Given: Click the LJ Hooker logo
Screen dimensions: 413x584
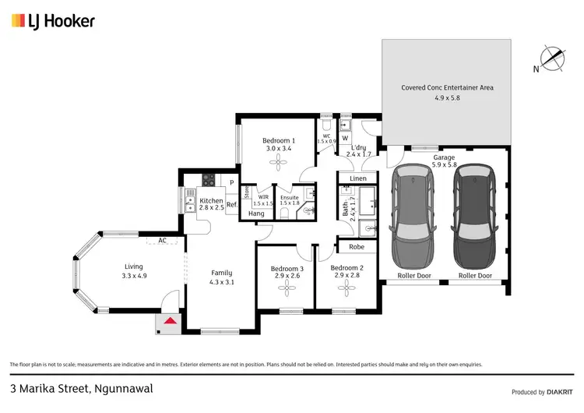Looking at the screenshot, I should pos(52,21).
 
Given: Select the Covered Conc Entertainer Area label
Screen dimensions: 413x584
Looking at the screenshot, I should pos(447,93).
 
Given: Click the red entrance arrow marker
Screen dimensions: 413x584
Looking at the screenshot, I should pos(169,319).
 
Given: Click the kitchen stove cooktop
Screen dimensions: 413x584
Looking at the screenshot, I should pos(209,179).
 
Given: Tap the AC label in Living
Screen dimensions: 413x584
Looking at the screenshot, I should pos(163,240).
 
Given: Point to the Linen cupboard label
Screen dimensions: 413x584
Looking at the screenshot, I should pos(357,178).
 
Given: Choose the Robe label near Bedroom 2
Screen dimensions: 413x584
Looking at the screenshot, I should pos(356,247).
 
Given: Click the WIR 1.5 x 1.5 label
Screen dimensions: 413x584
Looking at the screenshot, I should pos(263,200).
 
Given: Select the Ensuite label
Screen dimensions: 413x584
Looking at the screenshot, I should pos(290,200).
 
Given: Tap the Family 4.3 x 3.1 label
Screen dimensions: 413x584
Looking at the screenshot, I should pos(222,277).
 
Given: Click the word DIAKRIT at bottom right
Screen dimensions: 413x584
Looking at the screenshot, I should pos(559,392).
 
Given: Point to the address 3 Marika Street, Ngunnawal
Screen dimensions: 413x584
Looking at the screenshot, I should pos(70,387).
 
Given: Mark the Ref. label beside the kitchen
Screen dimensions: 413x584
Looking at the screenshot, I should pos(232,205).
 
